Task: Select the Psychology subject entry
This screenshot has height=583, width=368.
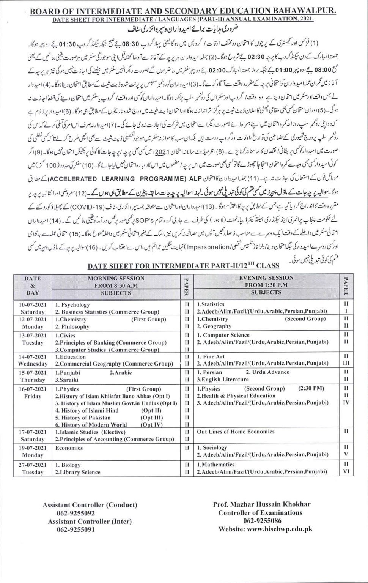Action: [x=75, y=305]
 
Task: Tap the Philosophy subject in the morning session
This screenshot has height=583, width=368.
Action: [x=74, y=327]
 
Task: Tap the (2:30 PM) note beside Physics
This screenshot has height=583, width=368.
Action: [x=311, y=389]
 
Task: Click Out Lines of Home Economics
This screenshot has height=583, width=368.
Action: [x=236, y=432]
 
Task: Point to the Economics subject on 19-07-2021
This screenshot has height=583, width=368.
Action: [x=69, y=448]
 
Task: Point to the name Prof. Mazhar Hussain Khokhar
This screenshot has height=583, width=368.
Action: [x=262, y=504]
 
